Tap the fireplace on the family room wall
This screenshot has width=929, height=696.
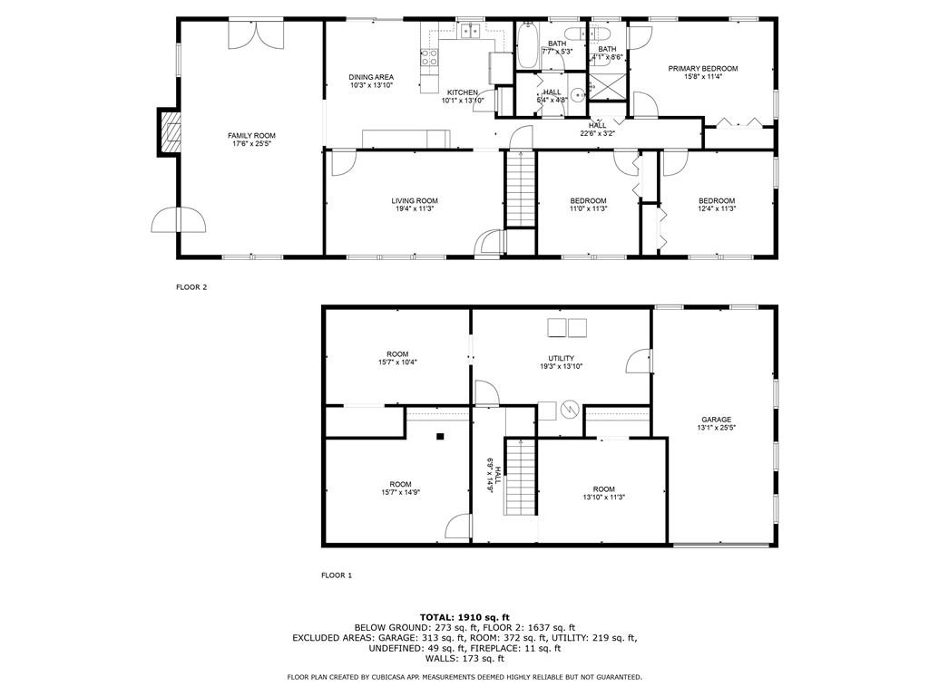coord(169,132)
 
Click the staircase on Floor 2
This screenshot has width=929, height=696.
coord(521,189)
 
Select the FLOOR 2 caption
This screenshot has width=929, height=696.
coord(191,287)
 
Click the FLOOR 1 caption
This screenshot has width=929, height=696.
coord(337,575)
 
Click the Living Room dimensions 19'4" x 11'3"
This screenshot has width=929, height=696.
coord(415,208)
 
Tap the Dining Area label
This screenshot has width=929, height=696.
coord(371,77)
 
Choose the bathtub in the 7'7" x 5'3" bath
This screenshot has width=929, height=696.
coord(527,45)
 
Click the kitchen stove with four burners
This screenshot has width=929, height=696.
coord(429,57)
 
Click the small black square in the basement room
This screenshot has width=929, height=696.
coord(440,437)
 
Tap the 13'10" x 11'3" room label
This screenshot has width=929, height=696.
coord(603,493)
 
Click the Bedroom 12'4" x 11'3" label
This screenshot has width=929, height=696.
coord(717,205)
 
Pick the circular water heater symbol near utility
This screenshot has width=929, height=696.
coord(570,409)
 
